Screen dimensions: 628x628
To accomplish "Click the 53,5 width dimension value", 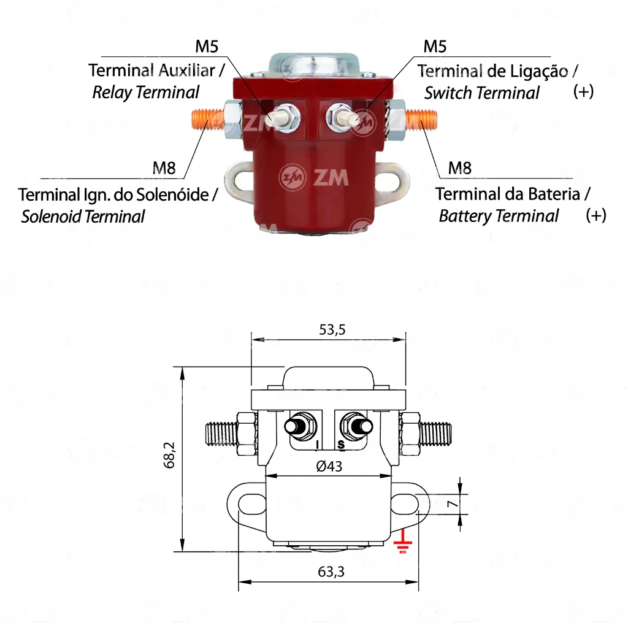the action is (332, 329).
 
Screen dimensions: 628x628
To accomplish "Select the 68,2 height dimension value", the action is (169, 455).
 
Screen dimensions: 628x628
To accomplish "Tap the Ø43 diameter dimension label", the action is (329, 466).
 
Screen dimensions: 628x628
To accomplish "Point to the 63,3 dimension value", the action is (331, 572).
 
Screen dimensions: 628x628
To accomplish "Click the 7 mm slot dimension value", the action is (452, 503).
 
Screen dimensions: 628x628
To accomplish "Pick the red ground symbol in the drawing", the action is (402, 542).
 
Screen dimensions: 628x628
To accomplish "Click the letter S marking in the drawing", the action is (341, 445).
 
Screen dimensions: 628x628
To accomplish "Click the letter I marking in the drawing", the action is (318, 445).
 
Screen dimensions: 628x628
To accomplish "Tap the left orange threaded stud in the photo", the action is (208, 120).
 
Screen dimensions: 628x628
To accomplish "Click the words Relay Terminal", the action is (146, 93).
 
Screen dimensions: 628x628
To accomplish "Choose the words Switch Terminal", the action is (482, 93).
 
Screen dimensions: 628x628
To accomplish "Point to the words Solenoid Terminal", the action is (83, 216).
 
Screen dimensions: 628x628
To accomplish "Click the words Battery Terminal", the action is (499, 216).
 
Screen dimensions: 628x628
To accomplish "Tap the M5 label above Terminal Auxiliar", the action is (207, 47).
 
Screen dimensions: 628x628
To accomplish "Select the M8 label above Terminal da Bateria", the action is (459, 168).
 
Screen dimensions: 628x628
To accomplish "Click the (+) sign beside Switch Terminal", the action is (583, 92).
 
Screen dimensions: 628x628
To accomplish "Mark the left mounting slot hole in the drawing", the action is (251, 502).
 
